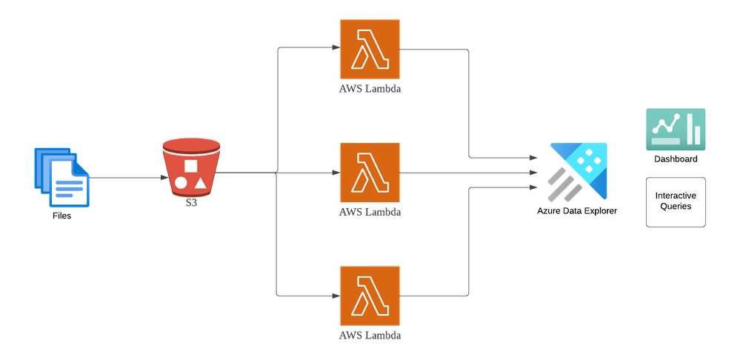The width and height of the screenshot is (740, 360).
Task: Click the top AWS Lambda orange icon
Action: click(x=370, y=49)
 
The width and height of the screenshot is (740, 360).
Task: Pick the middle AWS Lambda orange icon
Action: click(x=370, y=173)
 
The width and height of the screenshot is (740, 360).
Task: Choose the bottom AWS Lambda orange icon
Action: click(x=370, y=296)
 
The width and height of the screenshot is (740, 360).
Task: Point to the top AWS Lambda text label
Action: click(x=370, y=88)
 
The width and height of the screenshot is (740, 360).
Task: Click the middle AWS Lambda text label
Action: click(x=370, y=212)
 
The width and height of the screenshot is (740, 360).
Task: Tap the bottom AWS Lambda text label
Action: click(x=370, y=335)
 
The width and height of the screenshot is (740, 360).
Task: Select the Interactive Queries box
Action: click(x=676, y=201)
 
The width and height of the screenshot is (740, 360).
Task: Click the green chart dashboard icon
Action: click(x=676, y=129)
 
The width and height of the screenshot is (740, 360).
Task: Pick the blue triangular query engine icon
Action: click(x=579, y=170)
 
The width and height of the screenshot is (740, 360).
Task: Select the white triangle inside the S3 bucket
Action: click(x=200, y=181)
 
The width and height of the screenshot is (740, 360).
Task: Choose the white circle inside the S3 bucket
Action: click(x=181, y=181)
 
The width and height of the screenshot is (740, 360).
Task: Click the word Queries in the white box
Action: click(x=676, y=207)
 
